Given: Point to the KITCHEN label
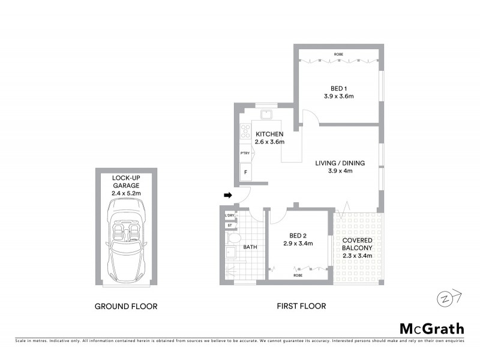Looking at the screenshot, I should (x=269, y=134).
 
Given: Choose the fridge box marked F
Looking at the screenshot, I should (x=245, y=173).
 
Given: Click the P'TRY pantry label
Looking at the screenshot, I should (x=245, y=153).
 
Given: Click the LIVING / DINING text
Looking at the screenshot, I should (x=340, y=163).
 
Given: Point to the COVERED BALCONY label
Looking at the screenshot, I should (x=358, y=244).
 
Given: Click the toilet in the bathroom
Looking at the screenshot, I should (x=232, y=239).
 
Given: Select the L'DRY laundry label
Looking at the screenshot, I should (x=229, y=215).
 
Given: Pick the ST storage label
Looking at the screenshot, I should (x=229, y=226).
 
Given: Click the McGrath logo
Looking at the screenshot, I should (x=431, y=328).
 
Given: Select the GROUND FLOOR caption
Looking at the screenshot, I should (x=126, y=306).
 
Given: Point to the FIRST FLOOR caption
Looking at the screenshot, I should (x=301, y=306).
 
